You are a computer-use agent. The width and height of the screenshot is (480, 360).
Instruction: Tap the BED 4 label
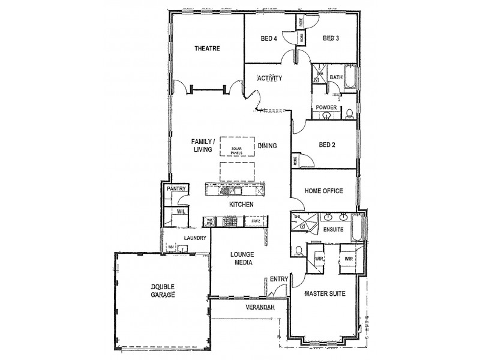click(x=269, y=39)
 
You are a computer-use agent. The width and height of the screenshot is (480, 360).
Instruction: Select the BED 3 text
click(x=331, y=39)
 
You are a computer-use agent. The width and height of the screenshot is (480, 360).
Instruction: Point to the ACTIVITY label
click(x=270, y=78)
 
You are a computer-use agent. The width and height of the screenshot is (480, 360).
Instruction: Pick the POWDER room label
click(x=326, y=107)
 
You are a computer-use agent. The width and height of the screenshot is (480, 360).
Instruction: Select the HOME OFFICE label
click(x=323, y=191)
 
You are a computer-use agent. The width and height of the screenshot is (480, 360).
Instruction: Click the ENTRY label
click(x=278, y=279)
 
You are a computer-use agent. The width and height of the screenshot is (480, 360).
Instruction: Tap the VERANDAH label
click(x=260, y=307)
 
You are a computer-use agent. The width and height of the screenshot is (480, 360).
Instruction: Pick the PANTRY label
click(x=177, y=189)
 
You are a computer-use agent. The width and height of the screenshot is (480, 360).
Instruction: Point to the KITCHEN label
click(x=241, y=205)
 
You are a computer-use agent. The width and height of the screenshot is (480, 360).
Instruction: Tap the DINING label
click(x=267, y=146)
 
